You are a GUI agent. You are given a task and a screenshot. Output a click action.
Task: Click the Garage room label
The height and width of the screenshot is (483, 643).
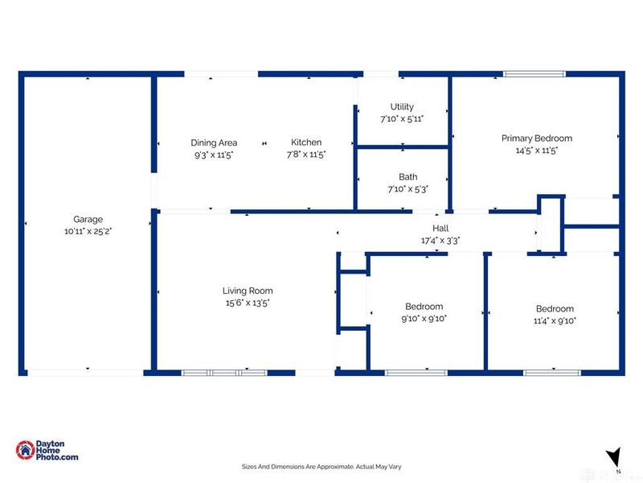88,219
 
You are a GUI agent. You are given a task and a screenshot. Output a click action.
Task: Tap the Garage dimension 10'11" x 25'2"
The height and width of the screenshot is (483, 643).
88,231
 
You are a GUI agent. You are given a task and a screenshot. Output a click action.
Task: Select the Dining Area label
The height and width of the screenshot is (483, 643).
214,143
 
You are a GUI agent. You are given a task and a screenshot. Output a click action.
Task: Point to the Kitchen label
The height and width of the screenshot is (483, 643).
306,142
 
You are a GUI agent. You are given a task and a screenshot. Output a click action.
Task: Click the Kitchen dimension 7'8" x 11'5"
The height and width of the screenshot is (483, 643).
306,155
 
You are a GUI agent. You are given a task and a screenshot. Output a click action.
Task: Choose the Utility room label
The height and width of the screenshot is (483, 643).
402,107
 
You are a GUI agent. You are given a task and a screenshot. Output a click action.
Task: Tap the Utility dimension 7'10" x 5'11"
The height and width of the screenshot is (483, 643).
402,119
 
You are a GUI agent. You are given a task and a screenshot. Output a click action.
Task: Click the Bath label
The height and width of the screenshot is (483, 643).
408,176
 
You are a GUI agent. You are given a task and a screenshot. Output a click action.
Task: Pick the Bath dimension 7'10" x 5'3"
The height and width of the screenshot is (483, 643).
408,189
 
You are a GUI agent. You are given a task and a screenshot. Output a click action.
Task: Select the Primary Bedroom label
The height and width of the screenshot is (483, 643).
537,138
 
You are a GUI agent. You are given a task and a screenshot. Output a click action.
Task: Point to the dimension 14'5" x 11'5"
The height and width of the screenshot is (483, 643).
537,151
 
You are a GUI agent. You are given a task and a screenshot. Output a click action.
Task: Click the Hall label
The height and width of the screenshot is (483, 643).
440,228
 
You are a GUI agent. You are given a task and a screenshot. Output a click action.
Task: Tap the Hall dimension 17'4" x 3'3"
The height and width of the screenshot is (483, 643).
440,240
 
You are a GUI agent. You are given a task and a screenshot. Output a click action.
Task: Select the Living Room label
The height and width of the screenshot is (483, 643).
248,291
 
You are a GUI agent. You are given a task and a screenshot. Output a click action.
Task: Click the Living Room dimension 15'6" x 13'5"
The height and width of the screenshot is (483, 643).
248,303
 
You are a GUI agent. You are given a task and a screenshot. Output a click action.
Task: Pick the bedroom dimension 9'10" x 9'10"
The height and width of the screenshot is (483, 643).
424,318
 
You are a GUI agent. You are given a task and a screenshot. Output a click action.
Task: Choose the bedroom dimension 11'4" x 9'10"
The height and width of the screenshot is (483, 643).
555,320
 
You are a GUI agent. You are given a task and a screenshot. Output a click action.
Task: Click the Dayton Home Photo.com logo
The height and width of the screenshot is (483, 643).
47,450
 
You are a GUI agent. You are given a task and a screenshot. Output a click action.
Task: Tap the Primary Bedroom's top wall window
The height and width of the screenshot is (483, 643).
534,74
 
